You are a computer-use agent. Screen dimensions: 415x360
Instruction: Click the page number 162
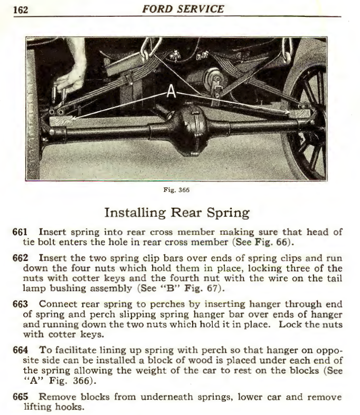pyautogui.click(x=20, y=9)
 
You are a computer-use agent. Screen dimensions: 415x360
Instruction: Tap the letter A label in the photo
pyautogui.click(x=171, y=92)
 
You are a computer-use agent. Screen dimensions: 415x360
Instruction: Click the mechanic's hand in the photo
pyautogui.click(x=71, y=74)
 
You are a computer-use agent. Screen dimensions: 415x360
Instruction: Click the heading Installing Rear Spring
pyautogui.click(x=177, y=213)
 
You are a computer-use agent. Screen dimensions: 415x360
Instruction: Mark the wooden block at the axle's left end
pyautogui.click(x=60, y=120)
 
